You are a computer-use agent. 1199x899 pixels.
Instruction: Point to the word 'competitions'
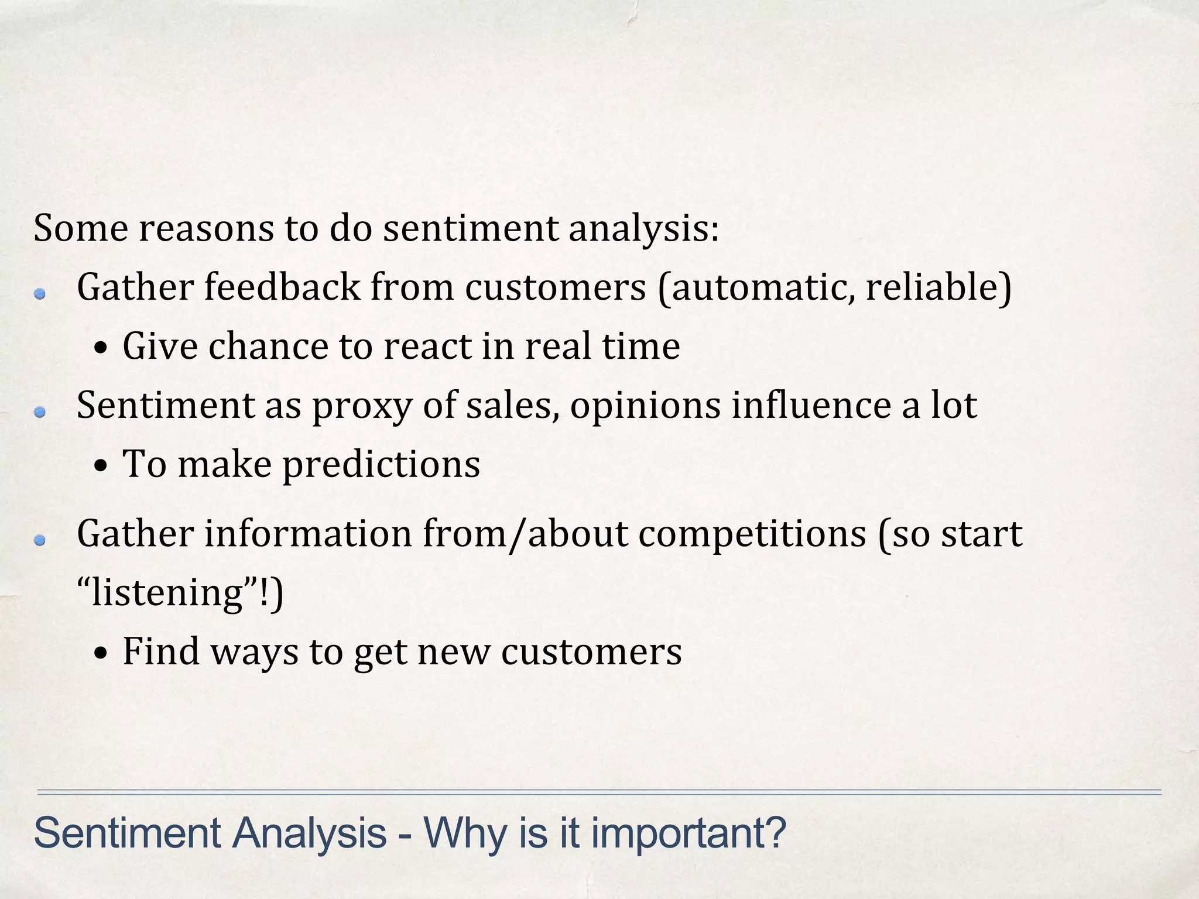tap(752, 535)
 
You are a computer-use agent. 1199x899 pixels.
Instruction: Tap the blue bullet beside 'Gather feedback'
tap(40, 295)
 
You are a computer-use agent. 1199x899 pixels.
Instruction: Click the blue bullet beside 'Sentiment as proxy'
tap(40, 413)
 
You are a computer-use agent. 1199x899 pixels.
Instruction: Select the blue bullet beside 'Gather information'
tap(40, 541)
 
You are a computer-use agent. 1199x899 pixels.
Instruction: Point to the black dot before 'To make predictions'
tap(101, 467)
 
